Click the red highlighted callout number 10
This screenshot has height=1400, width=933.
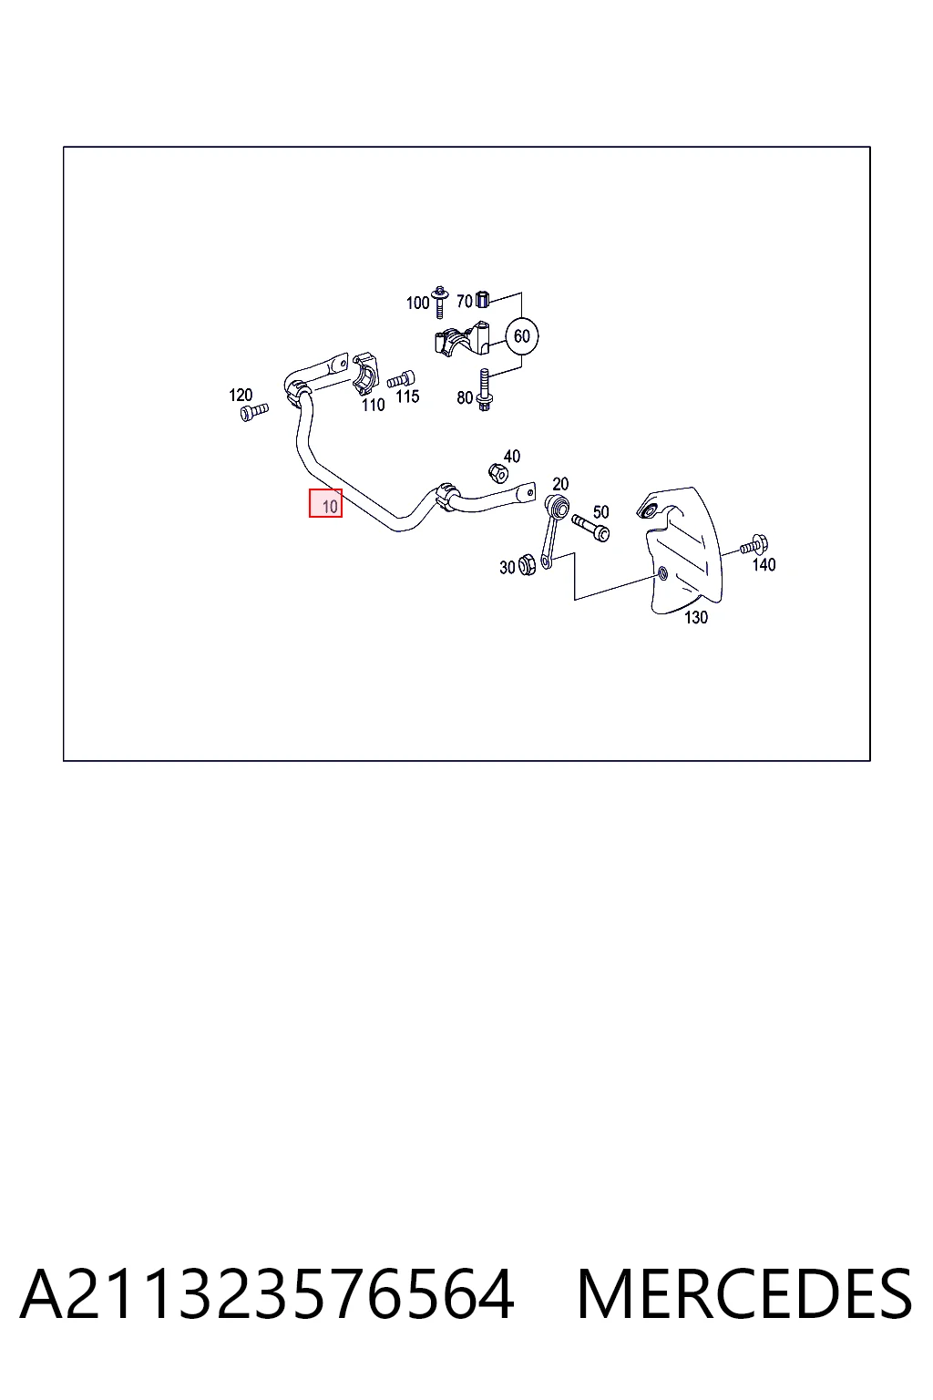tap(325, 503)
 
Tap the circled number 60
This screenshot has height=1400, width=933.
tap(522, 336)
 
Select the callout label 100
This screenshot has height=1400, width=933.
tap(417, 304)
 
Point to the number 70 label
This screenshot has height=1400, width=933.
tap(465, 302)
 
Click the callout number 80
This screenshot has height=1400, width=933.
tap(465, 397)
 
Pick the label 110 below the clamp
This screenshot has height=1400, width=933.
tap(373, 405)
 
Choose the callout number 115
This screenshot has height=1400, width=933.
tap(407, 396)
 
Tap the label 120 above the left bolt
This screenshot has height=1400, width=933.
tap(241, 395)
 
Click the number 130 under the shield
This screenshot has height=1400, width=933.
tap(696, 617)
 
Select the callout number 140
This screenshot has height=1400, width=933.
tap(764, 565)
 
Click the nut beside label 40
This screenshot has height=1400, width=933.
tap(497, 473)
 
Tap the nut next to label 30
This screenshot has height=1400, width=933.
tap(528, 566)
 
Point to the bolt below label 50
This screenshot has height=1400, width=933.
tap(590, 528)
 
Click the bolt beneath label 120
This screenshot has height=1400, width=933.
tap(254, 412)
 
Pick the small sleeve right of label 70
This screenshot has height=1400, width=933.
tap(482, 299)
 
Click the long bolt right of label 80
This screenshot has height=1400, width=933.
tap(485, 390)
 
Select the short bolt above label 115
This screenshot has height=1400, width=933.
tap(401, 379)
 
